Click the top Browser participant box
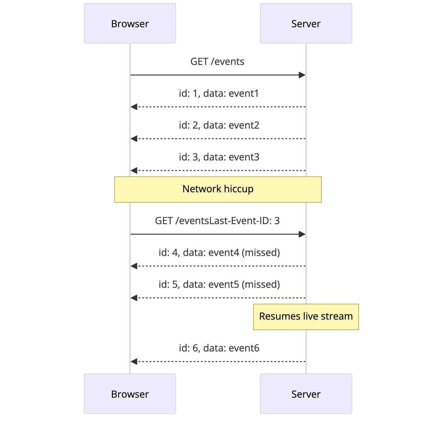pos(130,23)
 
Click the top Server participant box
pos(306,23)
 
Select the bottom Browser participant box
pos(130,394)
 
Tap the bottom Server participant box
pos(306,394)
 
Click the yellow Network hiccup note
pos(218,189)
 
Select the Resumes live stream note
pos(306,317)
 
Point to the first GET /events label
pos(217,62)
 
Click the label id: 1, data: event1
pos(219,93)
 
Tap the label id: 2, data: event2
pos(219,125)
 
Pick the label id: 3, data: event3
pos(219,157)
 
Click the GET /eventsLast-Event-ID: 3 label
pos(217,221)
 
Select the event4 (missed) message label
pos(219,253)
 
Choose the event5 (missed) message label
pos(219,284)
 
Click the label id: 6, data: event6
pos(219,348)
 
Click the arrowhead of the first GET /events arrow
pos(302,75)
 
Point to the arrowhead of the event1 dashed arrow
pos(134,107)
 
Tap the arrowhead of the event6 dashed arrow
pos(134,362)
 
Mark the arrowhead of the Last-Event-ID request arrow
pos(302,234)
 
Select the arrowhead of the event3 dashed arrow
pos(134,171)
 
